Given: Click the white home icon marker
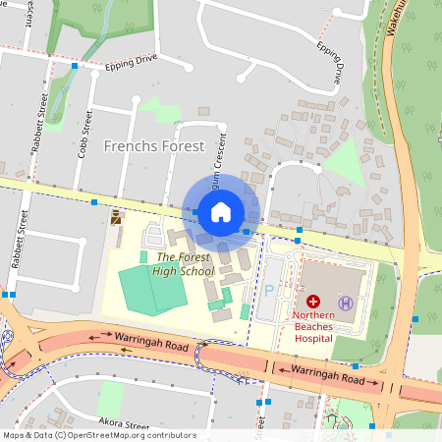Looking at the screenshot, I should point(221,211).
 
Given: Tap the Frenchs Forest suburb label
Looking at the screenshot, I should point(155,146).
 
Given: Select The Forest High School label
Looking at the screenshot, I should point(171,265).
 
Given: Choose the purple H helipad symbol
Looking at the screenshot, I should point(345,302).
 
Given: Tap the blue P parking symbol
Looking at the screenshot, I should point(269,291).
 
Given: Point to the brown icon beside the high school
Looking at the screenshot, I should point(117,215).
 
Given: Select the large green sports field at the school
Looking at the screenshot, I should point(153,289).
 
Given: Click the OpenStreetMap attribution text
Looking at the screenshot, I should point(98,435).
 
